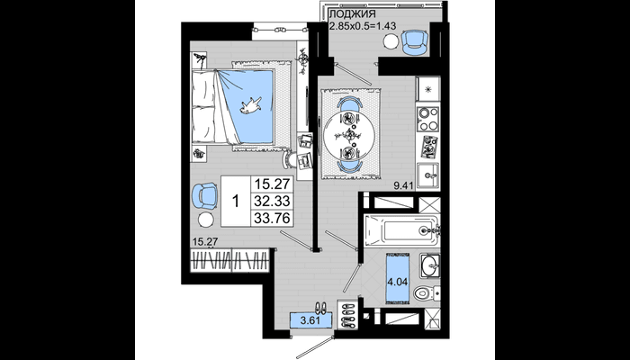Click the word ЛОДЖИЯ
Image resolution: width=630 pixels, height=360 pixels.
click(x=353, y=14)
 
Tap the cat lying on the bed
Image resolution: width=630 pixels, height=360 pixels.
click(x=251, y=105)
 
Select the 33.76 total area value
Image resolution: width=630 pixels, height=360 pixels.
click(x=272, y=218)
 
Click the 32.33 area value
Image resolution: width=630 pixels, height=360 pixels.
click(x=272, y=200)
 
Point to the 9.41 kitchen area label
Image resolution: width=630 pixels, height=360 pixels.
click(x=404, y=185)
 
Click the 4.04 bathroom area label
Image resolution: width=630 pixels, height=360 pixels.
click(x=398, y=282)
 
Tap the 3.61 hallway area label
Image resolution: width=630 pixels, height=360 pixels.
click(x=311, y=320)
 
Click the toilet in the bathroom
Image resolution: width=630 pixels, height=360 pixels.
click(x=427, y=292)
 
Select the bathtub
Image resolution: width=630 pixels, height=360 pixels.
click(x=401, y=230)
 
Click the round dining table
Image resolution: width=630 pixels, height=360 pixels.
click(x=349, y=135)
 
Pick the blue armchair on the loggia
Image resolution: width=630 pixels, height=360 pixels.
click(x=415, y=42)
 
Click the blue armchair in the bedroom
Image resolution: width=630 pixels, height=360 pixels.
click(x=204, y=196)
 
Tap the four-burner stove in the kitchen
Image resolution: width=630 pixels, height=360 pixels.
click(x=427, y=119)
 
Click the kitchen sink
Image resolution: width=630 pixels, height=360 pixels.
click(x=427, y=175)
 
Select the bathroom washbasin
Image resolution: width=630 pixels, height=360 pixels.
click(x=430, y=265)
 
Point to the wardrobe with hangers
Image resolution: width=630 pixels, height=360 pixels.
click(x=229, y=261)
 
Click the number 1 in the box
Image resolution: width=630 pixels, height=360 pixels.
click(x=236, y=202)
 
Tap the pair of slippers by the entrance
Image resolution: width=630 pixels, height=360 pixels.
click(x=320, y=308)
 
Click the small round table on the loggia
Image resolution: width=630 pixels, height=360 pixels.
click(x=390, y=41)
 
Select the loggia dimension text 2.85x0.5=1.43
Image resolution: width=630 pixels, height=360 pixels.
click(x=363, y=26)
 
